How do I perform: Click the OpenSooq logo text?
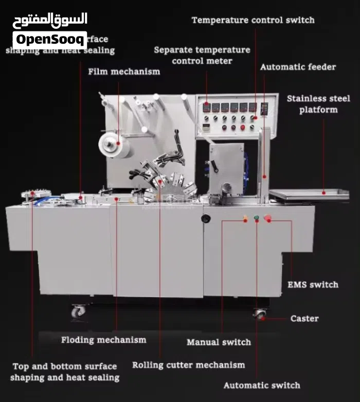pyautogui.click(x=49, y=40)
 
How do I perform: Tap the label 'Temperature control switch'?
pyautogui.click(x=253, y=20)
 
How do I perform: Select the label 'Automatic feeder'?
pyautogui.click(x=298, y=67)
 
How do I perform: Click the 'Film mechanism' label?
pyautogui.click(x=124, y=72)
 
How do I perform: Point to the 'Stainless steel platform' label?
pyautogui.click(x=318, y=103)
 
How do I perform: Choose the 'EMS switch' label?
pyautogui.click(x=313, y=285)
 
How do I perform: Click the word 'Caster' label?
pyautogui.click(x=304, y=319)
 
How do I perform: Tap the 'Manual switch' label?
pyautogui.click(x=219, y=342)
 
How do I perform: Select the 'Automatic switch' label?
pyautogui.click(x=261, y=385)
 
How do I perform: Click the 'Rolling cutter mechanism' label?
pyautogui.click(x=189, y=365)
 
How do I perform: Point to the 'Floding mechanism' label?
pyautogui.click(x=103, y=340)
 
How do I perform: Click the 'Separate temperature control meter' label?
pyautogui.click(x=202, y=55)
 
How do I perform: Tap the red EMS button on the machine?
pyautogui.click(x=267, y=219)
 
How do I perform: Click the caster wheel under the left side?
pyautogui.click(x=78, y=310)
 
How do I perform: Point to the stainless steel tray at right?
pyautogui.click(x=309, y=194)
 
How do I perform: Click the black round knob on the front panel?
pyautogui.click(x=206, y=219)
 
